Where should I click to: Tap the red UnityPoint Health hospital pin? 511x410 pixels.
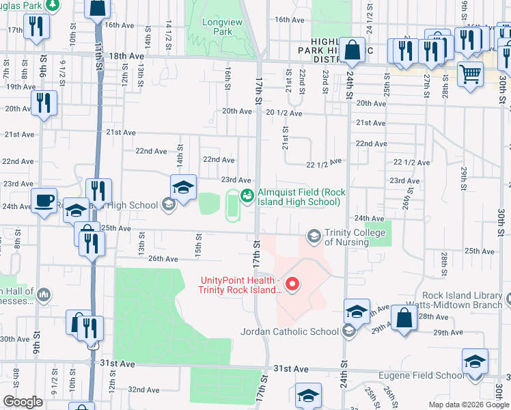[x=292, y=283]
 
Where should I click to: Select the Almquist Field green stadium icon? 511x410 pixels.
[x=247, y=196]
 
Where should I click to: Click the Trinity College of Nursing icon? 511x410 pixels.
[x=314, y=236]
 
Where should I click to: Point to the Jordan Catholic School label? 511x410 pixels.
[x=290, y=331]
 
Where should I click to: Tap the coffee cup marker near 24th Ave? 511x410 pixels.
[x=44, y=200]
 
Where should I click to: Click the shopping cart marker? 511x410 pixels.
[x=469, y=73]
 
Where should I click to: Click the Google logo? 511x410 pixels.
[x=23, y=402]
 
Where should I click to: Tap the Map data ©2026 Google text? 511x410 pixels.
[x=468, y=405]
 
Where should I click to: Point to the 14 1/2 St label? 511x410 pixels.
[x=168, y=33]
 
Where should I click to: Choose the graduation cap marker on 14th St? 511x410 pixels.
[x=183, y=187]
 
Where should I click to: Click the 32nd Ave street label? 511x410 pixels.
[x=143, y=389]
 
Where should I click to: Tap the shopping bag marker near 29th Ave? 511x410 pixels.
[x=404, y=318]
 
